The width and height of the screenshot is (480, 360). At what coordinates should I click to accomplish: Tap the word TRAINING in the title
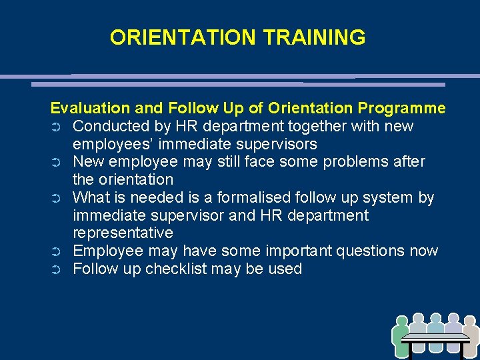315,37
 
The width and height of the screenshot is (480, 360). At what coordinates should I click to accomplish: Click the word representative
123,233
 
